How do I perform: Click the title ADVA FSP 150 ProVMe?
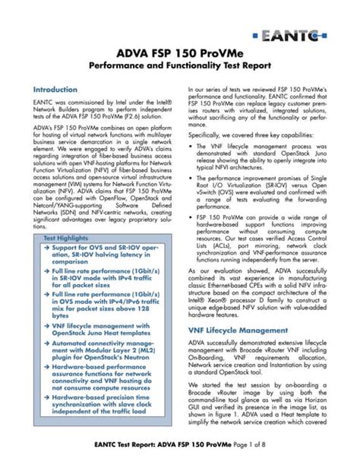tap(180, 54)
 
